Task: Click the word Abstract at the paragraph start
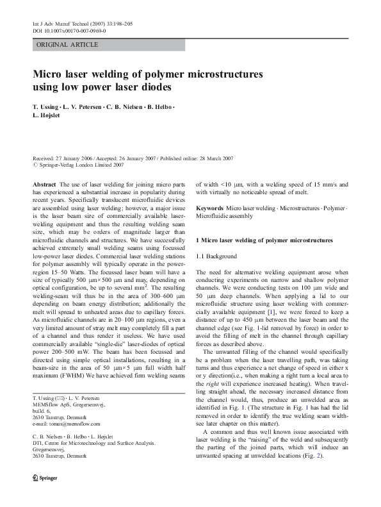coord(45,183)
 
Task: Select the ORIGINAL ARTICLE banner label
coord(67,45)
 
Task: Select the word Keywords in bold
coord(209,209)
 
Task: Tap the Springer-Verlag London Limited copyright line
coord(81,165)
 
